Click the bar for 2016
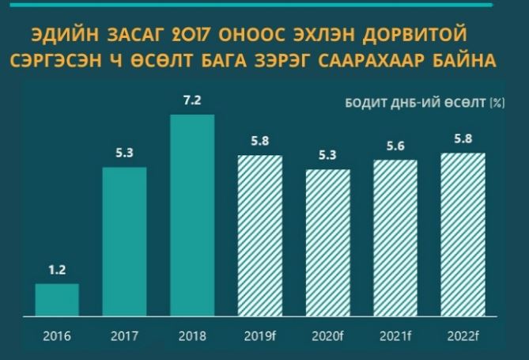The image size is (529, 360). point(57,299)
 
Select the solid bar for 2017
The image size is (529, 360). point(125,241)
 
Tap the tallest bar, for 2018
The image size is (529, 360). point(192,214)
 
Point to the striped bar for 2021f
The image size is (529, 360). point(395,237)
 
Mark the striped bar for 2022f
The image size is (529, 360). point(462,234)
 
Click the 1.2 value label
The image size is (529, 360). point(57,271)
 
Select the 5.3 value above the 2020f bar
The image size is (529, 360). point(327,156)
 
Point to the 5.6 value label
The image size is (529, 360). point(395,146)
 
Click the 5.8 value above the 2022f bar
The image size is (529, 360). point(462,139)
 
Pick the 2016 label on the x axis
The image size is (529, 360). point(57,335)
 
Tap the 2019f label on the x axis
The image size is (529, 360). point(260,335)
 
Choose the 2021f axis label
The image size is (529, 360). point(395,335)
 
